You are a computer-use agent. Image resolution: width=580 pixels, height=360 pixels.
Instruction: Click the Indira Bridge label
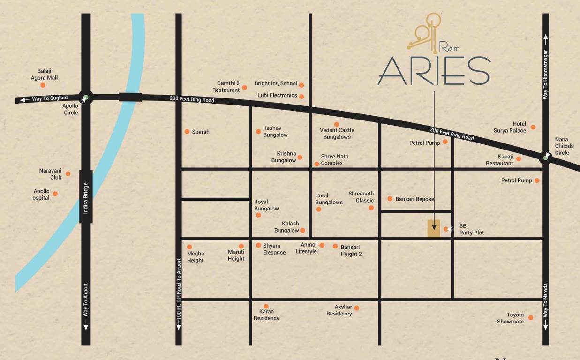point(86,198)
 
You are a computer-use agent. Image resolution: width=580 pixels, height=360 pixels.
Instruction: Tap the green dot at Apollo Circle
point(85,98)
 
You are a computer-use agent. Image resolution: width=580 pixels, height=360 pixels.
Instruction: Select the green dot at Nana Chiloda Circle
point(545,157)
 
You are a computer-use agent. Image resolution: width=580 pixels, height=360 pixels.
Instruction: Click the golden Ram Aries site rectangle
point(434,228)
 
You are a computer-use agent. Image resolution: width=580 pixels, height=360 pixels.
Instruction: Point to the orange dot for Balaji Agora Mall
point(43,85)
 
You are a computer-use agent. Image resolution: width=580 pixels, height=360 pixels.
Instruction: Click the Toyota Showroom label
point(510,318)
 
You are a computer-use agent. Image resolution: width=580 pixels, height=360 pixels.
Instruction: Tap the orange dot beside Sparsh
point(187,132)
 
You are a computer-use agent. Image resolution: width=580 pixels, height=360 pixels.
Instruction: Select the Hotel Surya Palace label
point(510,127)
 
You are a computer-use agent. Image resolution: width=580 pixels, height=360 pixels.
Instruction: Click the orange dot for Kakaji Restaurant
point(519,159)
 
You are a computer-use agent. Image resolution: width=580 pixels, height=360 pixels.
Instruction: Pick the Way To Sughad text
point(49,98)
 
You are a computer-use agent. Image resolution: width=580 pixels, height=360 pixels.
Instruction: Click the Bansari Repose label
point(414,199)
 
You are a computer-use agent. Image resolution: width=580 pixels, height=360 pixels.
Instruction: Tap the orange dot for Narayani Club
point(68,173)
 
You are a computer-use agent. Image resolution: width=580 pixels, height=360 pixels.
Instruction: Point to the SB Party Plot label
point(471,229)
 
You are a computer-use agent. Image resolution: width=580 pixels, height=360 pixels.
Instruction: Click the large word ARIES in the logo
point(434,71)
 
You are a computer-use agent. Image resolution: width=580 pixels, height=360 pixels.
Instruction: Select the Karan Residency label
point(266,315)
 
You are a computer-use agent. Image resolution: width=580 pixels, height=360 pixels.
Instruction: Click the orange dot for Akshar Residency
point(357,308)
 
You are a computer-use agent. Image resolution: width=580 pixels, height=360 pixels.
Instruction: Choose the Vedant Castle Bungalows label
point(337,134)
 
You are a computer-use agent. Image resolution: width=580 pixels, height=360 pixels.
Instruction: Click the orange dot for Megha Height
point(189,247)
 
